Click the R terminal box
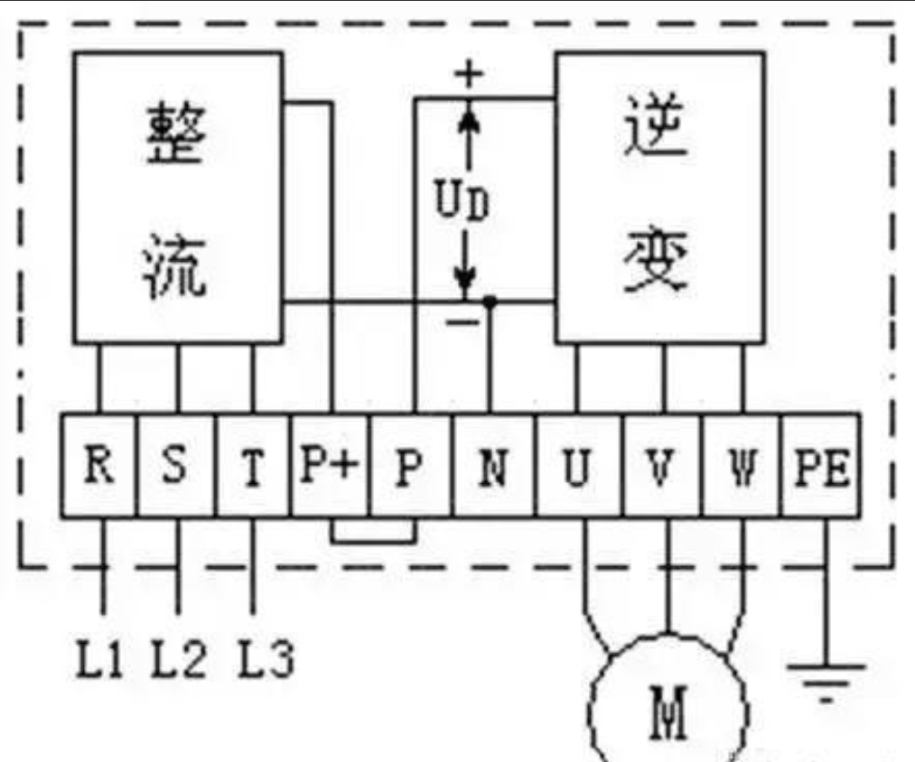(99, 465)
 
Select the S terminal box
(176, 465)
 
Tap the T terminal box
(253, 465)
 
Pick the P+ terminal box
(331, 465)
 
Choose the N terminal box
(494, 465)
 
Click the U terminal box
(579, 465)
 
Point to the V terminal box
(662, 465)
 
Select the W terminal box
(741, 465)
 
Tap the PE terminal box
(820, 465)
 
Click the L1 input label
(99, 658)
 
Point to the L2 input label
(179, 658)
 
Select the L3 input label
(266, 658)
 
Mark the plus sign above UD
(469, 74)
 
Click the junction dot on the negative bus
(490, 302)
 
